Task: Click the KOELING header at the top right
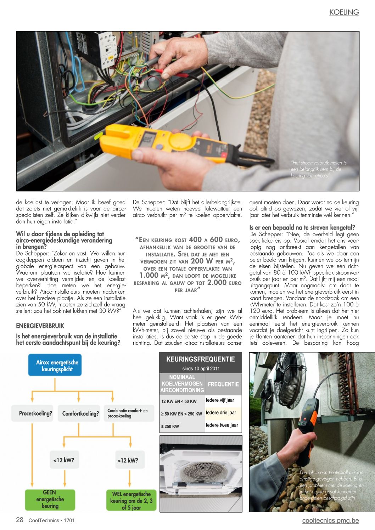(x=344, y=12)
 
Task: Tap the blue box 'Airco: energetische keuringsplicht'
(x=55, y=365)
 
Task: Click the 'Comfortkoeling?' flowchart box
(x=80, y=413)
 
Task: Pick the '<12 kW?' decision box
(x=64, y=460)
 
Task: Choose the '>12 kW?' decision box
(x=128, y=461)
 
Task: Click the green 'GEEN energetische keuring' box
(x=50, y=499)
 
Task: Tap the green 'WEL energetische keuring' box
(x=131, y=500)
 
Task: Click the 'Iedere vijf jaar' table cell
(x=220, y=400)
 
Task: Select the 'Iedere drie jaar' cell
(x=221, y=413)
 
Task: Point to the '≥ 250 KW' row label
(x=170, y=426)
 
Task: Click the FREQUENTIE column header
(x=223, y=384)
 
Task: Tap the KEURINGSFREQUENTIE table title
(x=201, y=359)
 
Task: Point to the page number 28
(x=20, y=520)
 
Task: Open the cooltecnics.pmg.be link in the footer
(x=330, y=520)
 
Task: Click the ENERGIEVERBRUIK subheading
(x=40, y=326)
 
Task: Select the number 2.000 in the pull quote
(x=217, y=282)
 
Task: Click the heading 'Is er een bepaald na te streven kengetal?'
(x=302, y=227)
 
